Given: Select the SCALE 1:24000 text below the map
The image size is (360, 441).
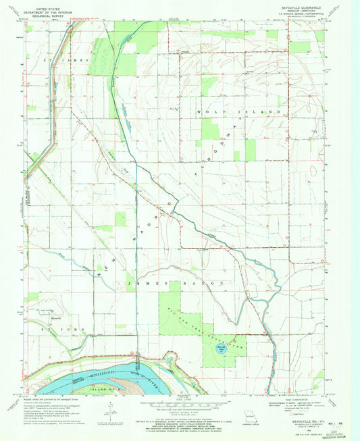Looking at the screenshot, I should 180,403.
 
